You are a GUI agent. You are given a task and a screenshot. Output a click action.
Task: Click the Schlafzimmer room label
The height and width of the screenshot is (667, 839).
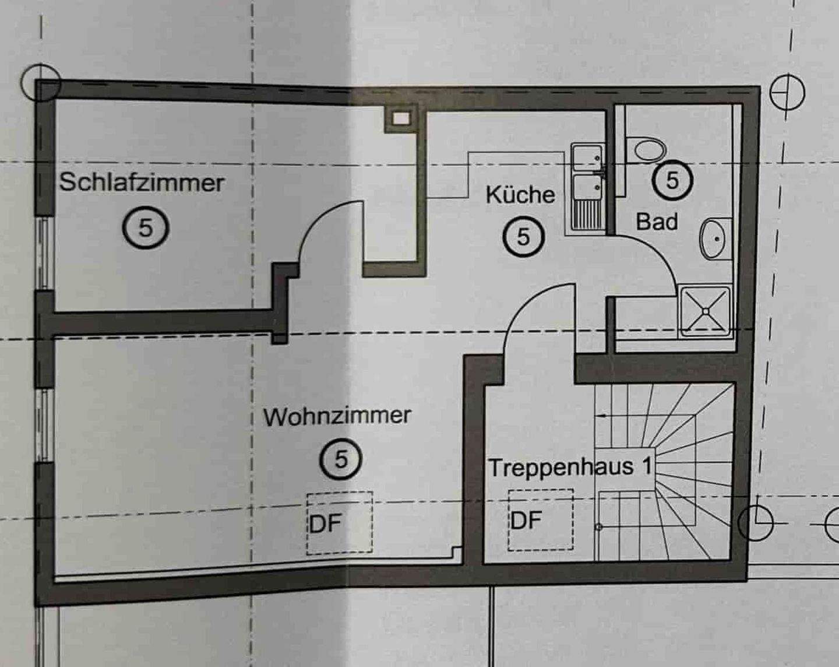click(142, 182)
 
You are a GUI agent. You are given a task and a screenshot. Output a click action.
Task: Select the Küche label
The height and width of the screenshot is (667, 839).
click(520, 194)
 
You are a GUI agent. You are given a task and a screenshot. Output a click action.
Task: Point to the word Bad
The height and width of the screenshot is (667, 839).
click(657, 222)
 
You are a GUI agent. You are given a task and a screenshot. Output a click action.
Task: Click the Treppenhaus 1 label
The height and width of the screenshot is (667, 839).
click(569, 468)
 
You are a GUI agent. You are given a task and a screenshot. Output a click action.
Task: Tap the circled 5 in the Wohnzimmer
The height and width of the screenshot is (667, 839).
click(341, 459)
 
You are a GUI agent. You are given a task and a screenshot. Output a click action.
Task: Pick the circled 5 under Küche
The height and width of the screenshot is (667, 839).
click(523, 237)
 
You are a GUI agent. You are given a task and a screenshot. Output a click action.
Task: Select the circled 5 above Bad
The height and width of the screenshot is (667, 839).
click(672, 180)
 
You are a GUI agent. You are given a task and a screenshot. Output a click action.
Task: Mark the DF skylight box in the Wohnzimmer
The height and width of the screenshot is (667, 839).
click(340, 523)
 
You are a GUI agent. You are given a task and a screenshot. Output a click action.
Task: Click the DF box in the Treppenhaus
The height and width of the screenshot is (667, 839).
click(540, 519)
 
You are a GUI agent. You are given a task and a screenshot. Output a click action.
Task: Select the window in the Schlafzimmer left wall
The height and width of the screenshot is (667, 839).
click(44, 254)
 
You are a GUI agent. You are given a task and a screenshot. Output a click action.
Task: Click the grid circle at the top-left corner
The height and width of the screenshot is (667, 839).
click(40, 83)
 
